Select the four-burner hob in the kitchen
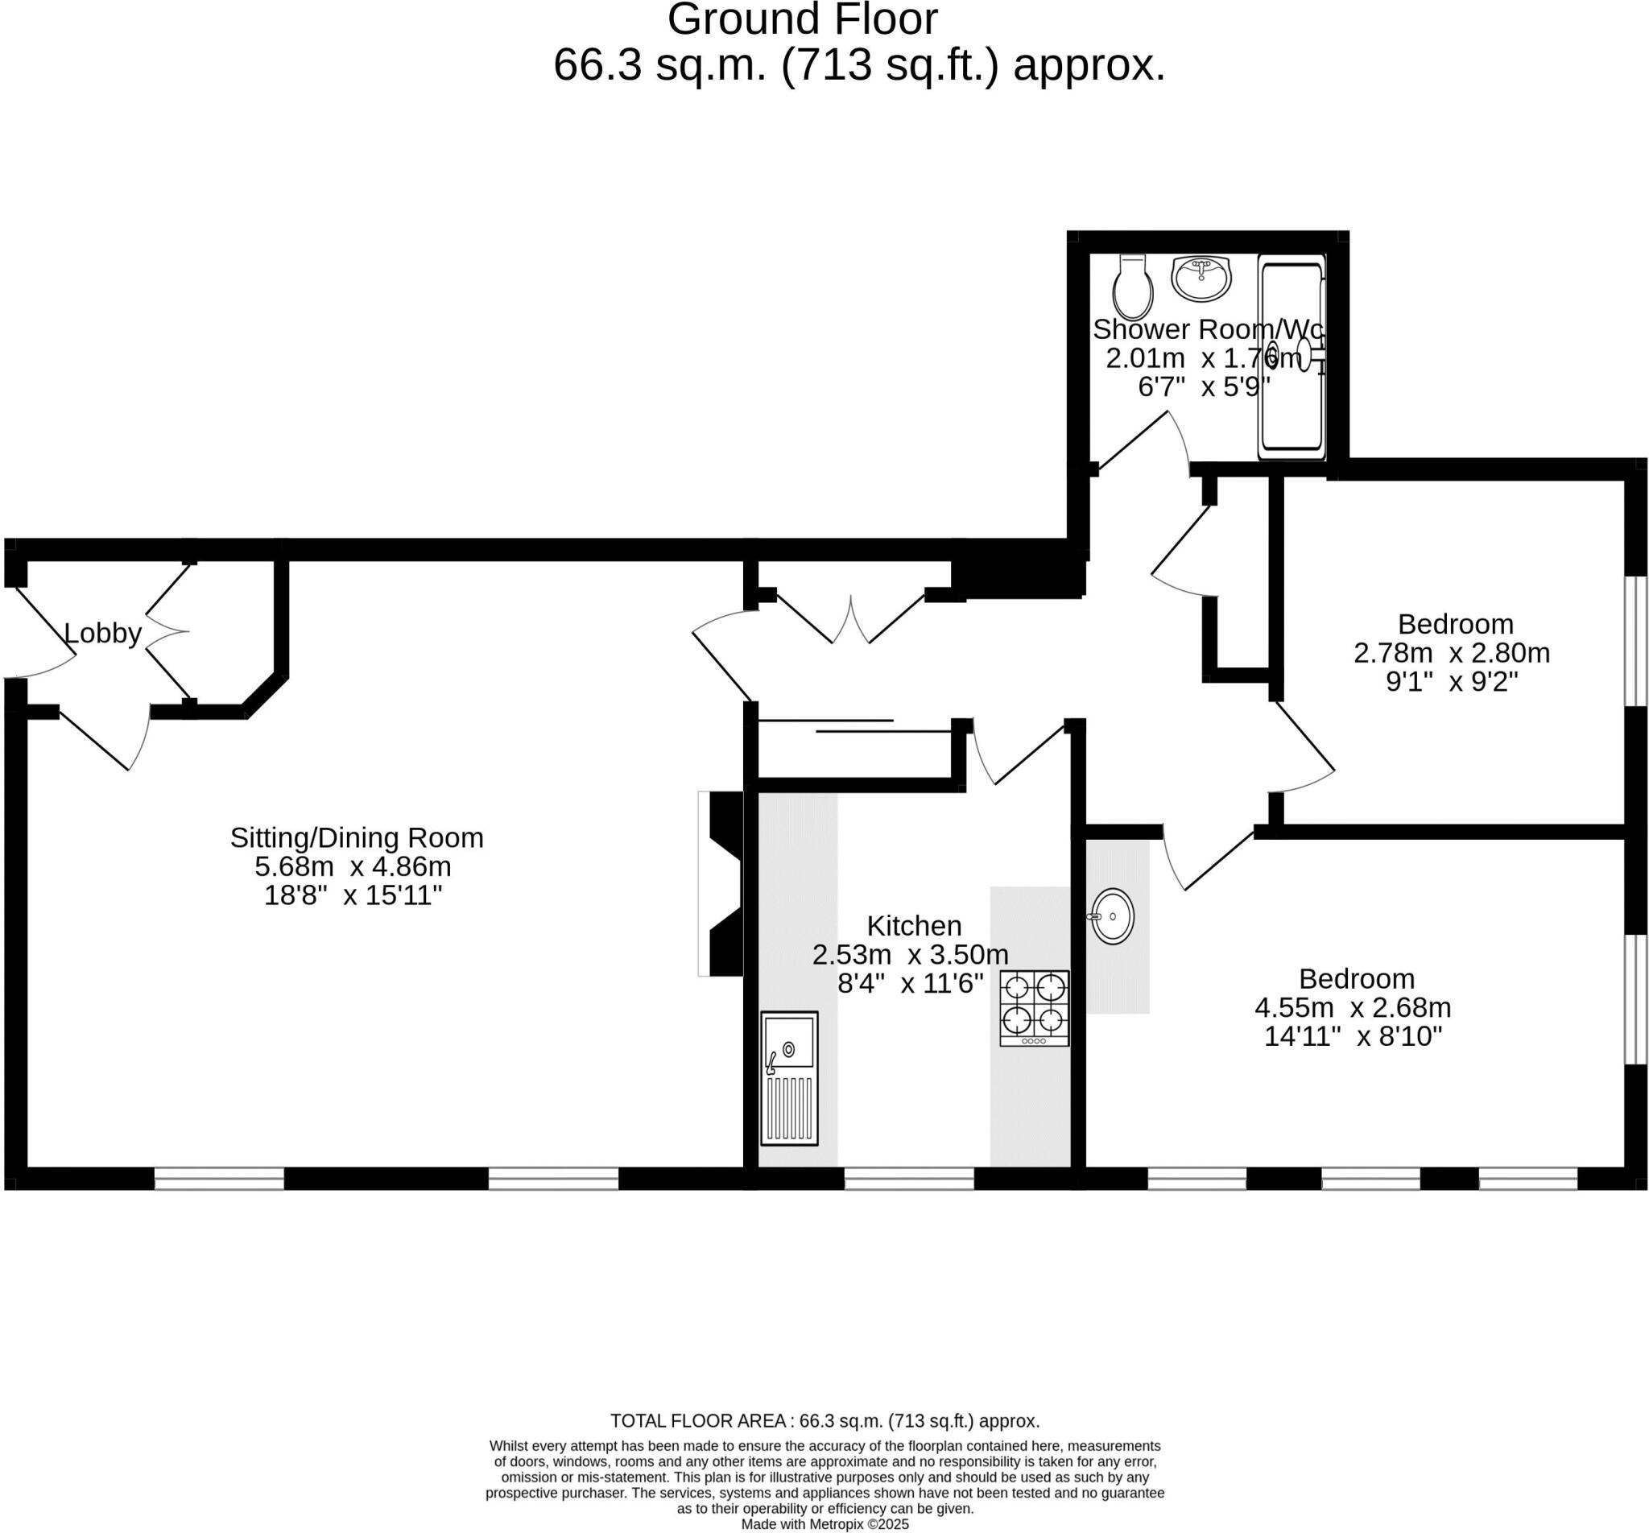tap(1034, 1007)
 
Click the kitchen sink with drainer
tap(790, 1077)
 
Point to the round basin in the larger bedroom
tap(1112, 916)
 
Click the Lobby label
tap(103, 634)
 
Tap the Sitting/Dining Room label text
tap(357, 838)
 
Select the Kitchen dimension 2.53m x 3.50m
tap(910, 955)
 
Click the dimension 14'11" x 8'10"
tap(1353, 1036)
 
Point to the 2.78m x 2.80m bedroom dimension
tap(1452, 653)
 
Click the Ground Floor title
tap(802, 20)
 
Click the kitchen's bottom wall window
tap(909, 1179)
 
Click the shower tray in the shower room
tap(1292, 357)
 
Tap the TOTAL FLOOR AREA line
tap(824, 1421)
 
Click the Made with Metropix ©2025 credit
tap(824, 1524)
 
